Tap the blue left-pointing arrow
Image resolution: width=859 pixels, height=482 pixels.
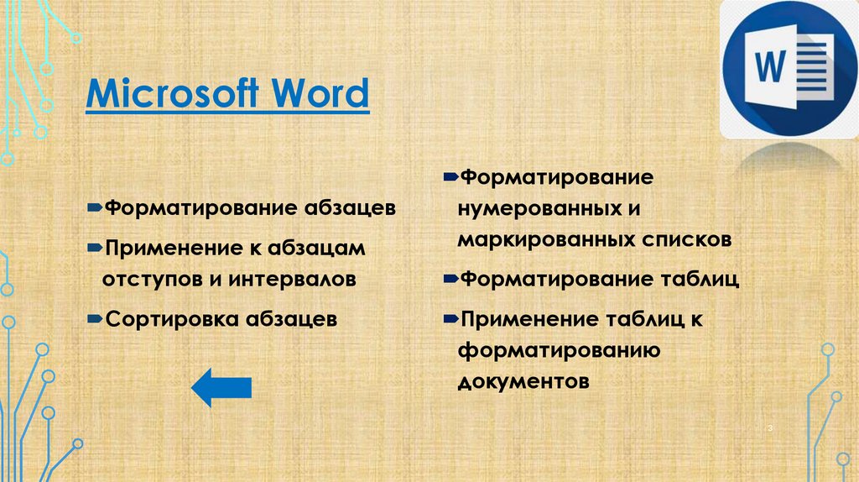coord(221,387)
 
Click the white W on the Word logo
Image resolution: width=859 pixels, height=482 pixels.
coord(769,64)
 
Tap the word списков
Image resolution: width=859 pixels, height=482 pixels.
coord(686,239)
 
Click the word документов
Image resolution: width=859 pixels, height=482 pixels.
coord(523,381)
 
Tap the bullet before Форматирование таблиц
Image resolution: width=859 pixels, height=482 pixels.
coord(450,277)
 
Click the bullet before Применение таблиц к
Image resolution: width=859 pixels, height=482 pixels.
coord(450,318)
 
